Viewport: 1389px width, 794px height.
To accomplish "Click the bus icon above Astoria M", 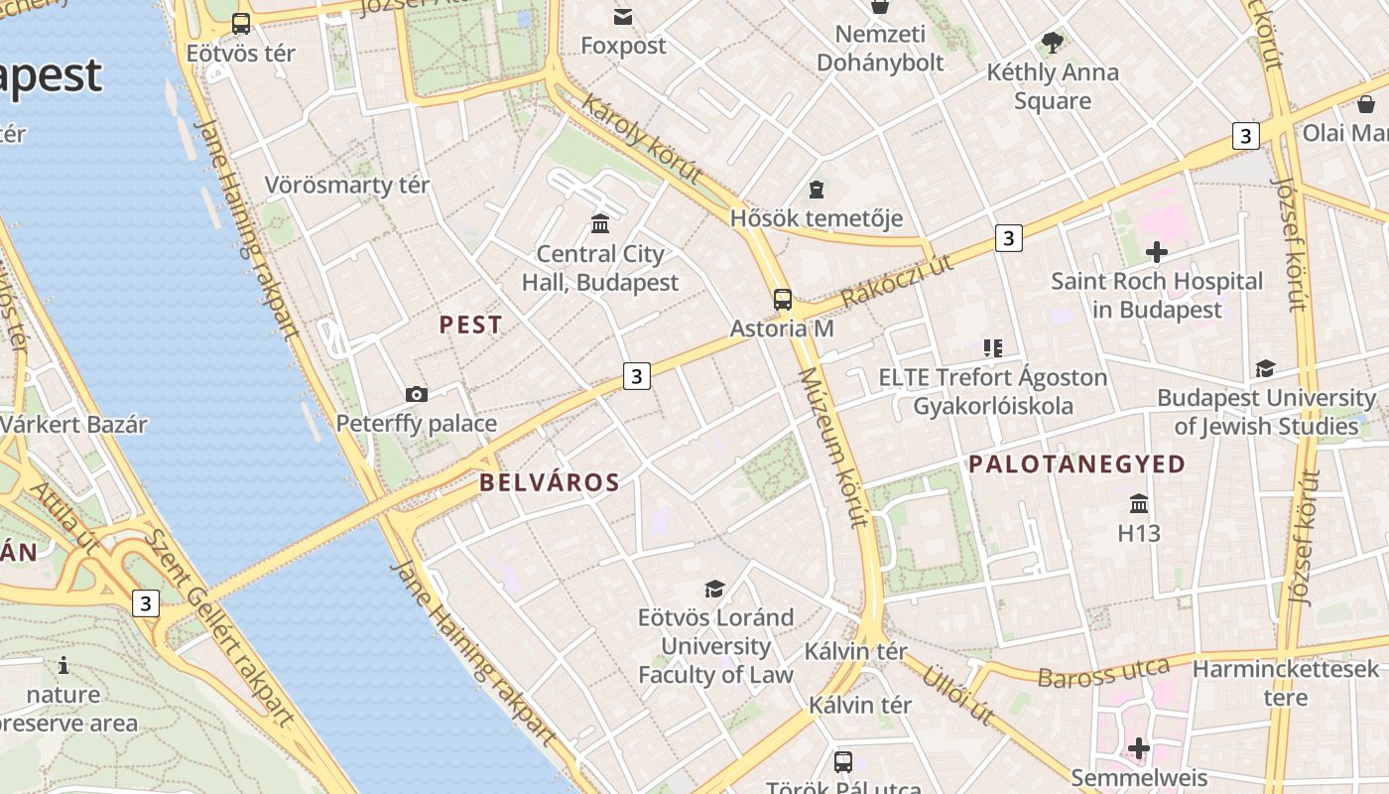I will [x=783, y=299].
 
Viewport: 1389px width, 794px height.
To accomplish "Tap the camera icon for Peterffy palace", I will [x=417, y=394].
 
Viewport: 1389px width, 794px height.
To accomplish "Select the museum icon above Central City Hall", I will [x=600, y=223].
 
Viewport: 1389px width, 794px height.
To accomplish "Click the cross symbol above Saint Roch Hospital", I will [x=1156, y=252].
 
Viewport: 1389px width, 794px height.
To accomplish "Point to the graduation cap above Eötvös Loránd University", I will [x=714, y=589].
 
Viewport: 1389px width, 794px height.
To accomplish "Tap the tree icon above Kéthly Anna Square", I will [x=1053, y=43].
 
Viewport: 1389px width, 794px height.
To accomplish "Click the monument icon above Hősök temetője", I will [x=817, y=189].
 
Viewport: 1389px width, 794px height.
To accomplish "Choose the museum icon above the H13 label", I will [x=1139, y=503].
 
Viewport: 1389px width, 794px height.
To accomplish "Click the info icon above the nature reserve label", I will [x=63, y=665].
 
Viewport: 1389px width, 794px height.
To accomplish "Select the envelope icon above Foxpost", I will [x=623, y=17].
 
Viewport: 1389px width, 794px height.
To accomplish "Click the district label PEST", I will [x=470, y=325].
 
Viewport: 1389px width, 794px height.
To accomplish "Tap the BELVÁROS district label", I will [x=550, y=483].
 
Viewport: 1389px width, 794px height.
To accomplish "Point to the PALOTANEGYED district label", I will [x=1076, y=464].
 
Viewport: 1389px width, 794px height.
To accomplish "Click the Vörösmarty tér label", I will [x=347, y=185].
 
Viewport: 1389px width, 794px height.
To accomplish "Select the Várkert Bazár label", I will [x=73, y=425].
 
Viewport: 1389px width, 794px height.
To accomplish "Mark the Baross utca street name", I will [x=1103, y=672].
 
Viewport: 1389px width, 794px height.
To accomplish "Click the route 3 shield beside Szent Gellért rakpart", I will [x=146, y=602].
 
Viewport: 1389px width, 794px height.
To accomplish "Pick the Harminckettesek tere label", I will [x=1285, y=683].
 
